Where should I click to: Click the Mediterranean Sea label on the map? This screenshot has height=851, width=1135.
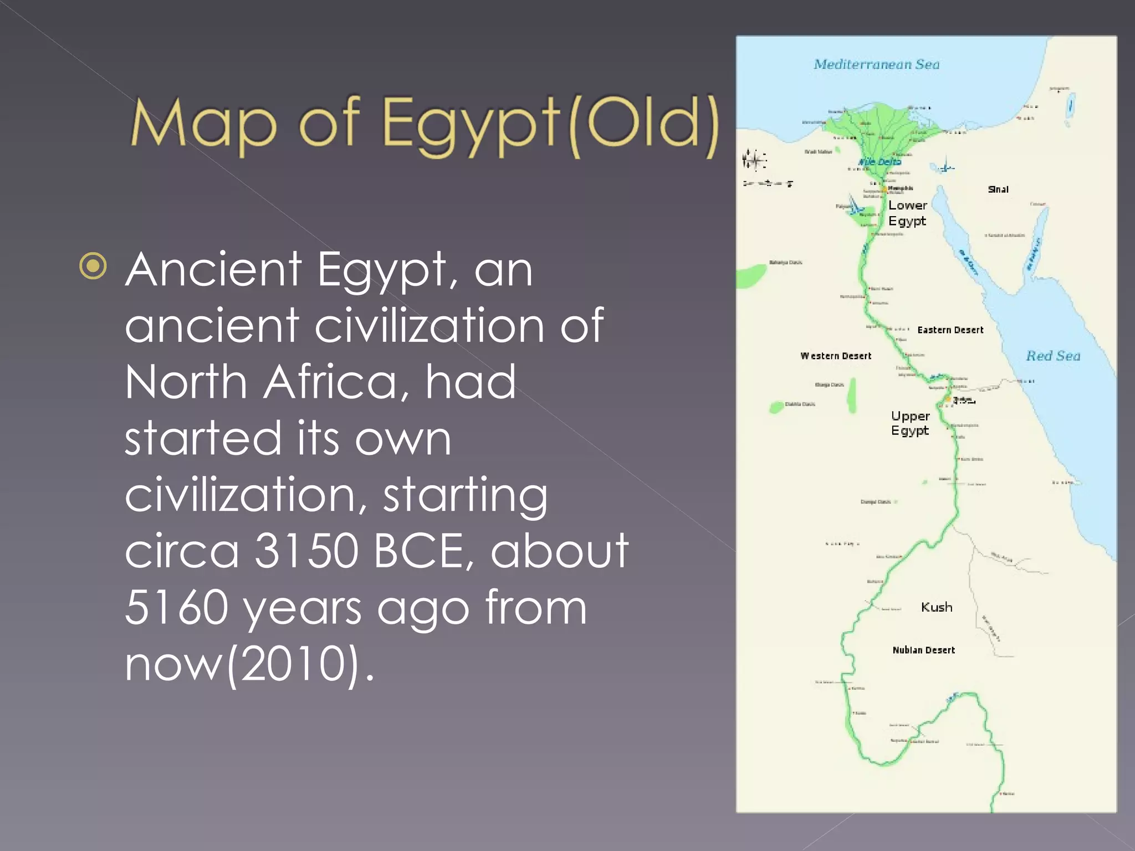click(x=876, y=64)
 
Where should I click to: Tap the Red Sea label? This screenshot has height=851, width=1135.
click(x=1053, y=356)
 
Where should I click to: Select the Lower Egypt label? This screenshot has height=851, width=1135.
click(x=907, y=213)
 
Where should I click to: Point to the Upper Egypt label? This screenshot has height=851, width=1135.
click(x=910, y=423)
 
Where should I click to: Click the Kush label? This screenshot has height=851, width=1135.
click(x=937, y=607)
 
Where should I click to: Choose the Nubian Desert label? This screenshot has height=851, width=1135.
click(x=923, y=650)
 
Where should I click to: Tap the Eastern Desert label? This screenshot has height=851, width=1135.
click(x=950, y=330)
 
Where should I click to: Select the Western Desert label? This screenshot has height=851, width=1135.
click(x=836, y=356)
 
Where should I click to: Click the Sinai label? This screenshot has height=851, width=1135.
click(x=998, y=189)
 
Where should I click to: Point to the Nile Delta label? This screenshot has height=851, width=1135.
click(x=880, y=162)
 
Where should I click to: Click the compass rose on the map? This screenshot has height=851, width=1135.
click(x=754, y=161)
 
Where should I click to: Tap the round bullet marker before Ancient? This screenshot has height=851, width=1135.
click(x=93, y=266)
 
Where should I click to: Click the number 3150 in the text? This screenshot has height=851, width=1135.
click(x=306, y=551)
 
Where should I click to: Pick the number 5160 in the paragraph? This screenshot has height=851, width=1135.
click(x=176, y=607)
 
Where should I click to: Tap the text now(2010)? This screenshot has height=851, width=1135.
click(x=249, y=664)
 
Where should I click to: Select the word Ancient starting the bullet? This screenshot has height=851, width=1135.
click(x=213, y=270)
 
